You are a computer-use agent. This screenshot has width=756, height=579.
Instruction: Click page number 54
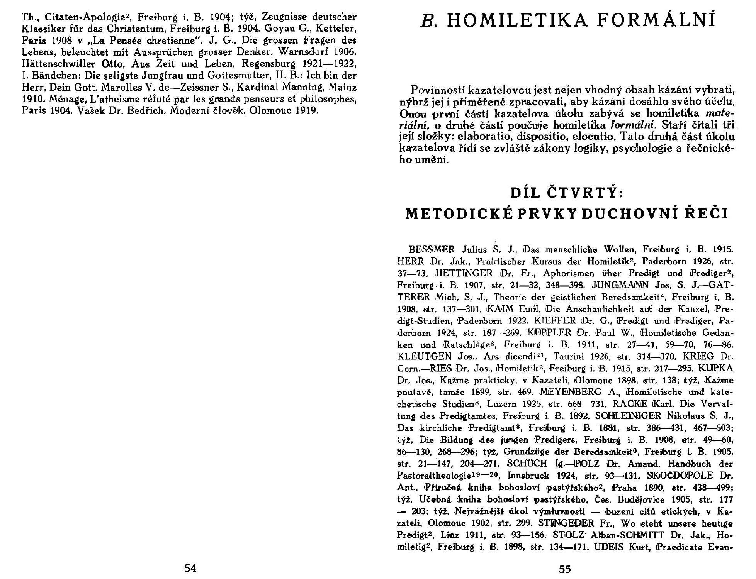point(190,568)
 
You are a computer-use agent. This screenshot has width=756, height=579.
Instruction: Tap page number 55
point(565,569)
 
